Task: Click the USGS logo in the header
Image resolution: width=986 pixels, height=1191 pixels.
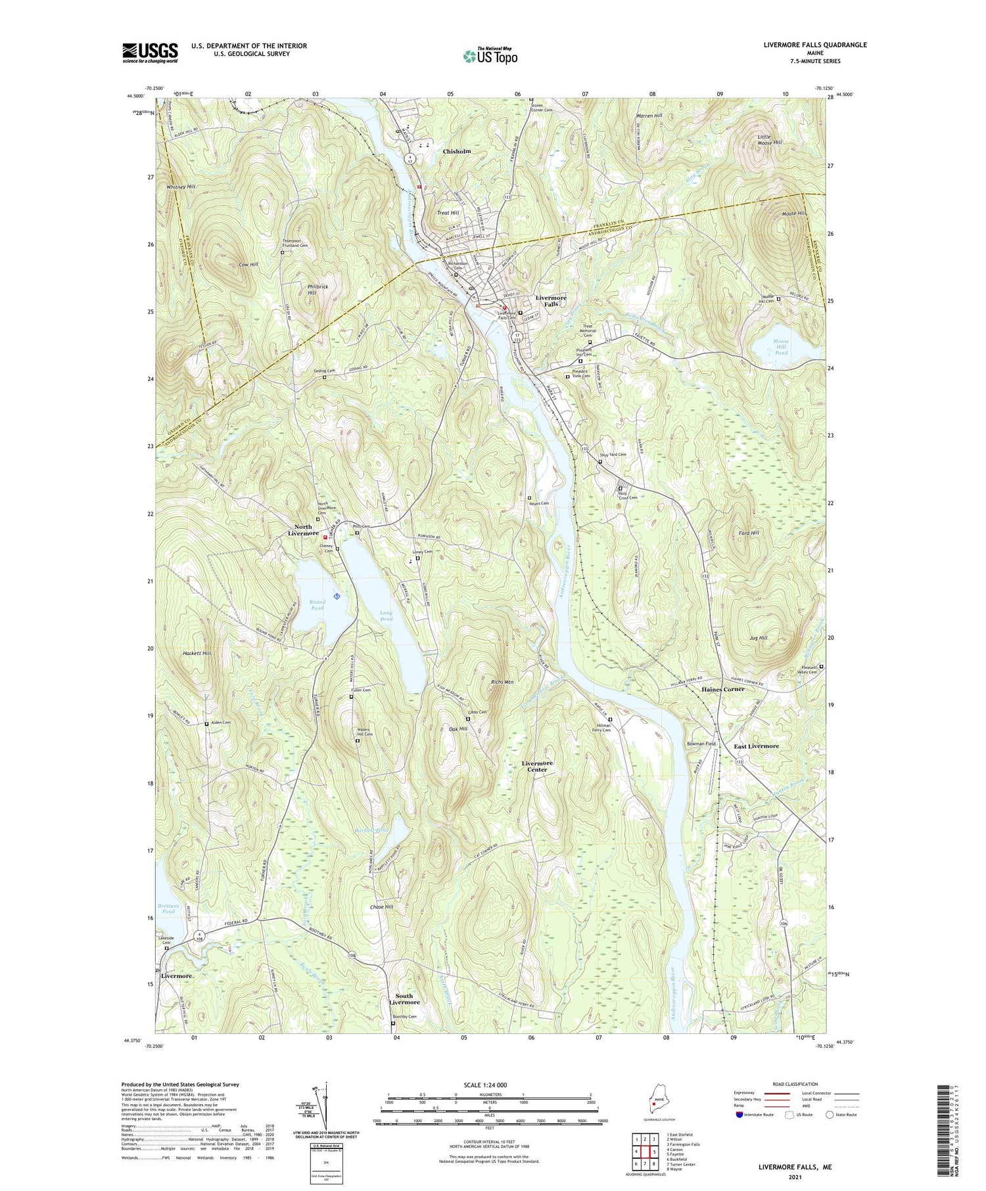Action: click(x=150, y=53)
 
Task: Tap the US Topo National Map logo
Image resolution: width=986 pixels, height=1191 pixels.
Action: click(x=490, y=56)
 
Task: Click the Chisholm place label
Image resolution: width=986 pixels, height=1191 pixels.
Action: click(x=457, y=151)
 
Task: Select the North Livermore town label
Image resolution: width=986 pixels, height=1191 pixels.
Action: click(x=303, y=529)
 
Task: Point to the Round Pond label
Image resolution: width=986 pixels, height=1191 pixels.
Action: click(x=317, y=605)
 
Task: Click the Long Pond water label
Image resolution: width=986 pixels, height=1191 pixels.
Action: click(x=387, y=616)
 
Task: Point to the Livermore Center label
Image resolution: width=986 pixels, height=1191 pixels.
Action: click(x=537, y=766)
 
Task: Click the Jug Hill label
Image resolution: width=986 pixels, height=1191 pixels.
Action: click(x=758, y=638)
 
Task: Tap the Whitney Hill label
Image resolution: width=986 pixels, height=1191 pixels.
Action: click(x=181, y=187)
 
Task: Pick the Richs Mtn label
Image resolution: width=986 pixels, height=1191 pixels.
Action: click(x=502, y=683)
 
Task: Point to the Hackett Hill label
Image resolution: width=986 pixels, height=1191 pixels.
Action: click(x=197, y=654)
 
